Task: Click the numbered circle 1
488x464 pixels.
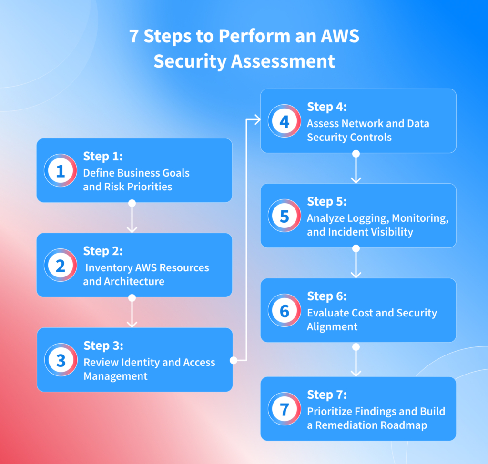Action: (61, 170)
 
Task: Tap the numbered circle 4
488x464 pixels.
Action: (285, 121)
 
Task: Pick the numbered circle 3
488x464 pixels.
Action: (61, 360)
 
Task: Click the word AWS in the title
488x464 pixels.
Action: (340, 37)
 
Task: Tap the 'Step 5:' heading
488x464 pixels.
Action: (327, 201)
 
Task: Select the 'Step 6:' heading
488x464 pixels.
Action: (327, 296)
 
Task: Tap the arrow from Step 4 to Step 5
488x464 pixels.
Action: (356, 168)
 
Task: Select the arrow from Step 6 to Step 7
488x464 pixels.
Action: (356, 361)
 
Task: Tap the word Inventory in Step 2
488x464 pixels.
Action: (107, 267)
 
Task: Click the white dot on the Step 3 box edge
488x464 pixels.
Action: (233, 360)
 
